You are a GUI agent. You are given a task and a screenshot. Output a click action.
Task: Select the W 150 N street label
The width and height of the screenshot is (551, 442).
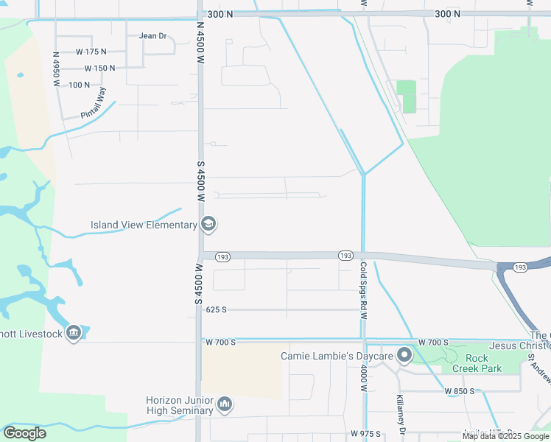pos(100,68)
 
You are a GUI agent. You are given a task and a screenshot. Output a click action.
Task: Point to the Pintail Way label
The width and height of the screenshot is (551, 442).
pos(94,103)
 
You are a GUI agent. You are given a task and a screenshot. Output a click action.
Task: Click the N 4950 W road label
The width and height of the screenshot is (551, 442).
pos(56,70)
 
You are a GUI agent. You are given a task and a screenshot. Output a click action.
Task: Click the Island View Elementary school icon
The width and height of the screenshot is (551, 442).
pos(208,225)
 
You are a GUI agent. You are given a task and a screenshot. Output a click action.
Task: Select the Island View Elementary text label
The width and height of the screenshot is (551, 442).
pos(144,225)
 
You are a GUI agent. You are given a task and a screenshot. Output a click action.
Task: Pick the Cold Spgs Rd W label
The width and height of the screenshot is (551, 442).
pos(363,286)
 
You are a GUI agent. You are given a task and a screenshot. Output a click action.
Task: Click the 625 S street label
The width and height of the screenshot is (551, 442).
pos(217,310)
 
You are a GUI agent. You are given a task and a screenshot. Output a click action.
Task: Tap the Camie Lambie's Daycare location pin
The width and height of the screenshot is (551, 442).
pos(404,357)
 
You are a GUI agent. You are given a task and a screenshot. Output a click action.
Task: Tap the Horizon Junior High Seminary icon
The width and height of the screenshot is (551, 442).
pos(225,404)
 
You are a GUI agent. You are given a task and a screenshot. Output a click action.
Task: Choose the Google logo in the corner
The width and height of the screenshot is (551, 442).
pos(24,433)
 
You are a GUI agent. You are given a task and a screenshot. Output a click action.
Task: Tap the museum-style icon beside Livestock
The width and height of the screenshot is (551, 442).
pos(73,334)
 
